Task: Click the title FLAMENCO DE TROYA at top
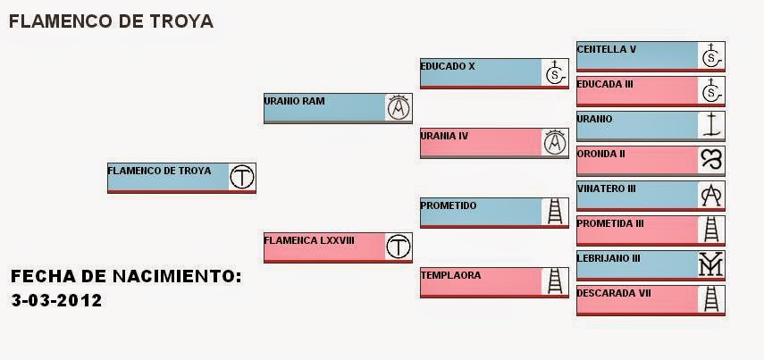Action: point(111,21)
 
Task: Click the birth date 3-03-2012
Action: point(57,300)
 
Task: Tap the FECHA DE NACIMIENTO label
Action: point(126,276)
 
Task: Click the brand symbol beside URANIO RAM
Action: point(399,107)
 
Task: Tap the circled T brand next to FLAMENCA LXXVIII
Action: point(399,246)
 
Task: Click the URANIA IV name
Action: point(444,136)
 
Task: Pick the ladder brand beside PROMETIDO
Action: point(555,211)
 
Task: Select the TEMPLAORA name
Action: point(450,275)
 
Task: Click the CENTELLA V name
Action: point(606,49)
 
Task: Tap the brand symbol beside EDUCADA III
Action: point(711,90)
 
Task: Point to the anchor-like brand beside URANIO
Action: point(711,125)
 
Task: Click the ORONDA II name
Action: point(600,153)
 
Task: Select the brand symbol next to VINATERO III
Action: point(711,195)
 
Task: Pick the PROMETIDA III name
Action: point(610,222)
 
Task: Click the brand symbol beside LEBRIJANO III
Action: point(711,264)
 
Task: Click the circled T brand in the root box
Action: point(242,177)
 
